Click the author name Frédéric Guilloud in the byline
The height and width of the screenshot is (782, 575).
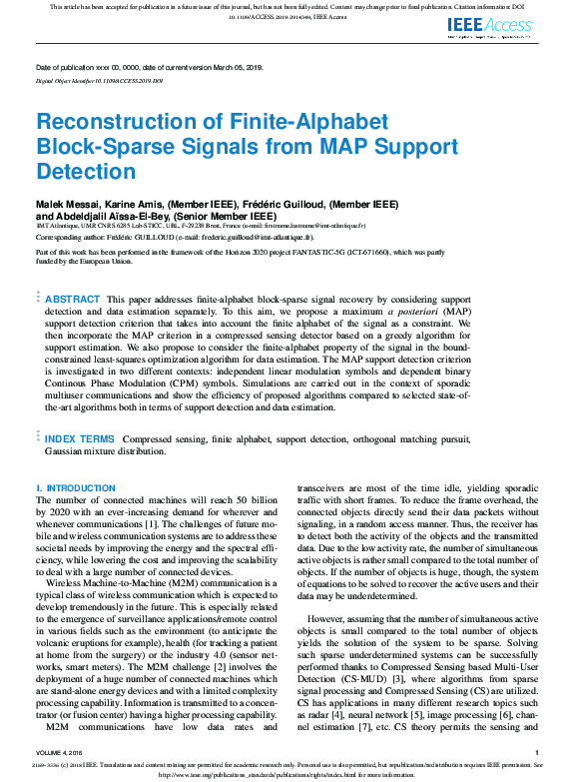coord(274,204)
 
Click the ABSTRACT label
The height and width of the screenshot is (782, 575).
coord(73,300)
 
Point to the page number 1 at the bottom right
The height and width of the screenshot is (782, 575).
coord(537,752)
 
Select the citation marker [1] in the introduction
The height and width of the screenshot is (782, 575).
coord(232,524)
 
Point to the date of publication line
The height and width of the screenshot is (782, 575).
coord(150,67)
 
